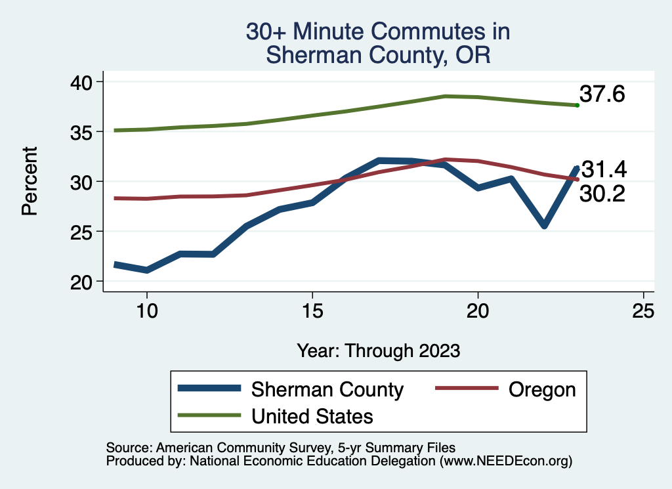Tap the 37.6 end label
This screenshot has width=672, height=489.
[x=602, y=95]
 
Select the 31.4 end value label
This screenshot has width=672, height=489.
[x=604, y=170]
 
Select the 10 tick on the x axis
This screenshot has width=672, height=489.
[x=147, y=311]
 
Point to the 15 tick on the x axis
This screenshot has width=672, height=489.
[x=312, y=311]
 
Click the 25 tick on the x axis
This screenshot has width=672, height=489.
[x=643, y=311]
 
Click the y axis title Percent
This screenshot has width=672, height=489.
[x=29, y=181]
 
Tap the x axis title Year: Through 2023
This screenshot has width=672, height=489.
[x=378, y=351]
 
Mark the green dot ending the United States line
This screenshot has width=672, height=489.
[x=577, y=105]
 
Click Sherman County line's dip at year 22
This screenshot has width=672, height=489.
[x=544, y=225]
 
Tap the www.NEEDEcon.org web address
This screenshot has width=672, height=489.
[x=505, y=461]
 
